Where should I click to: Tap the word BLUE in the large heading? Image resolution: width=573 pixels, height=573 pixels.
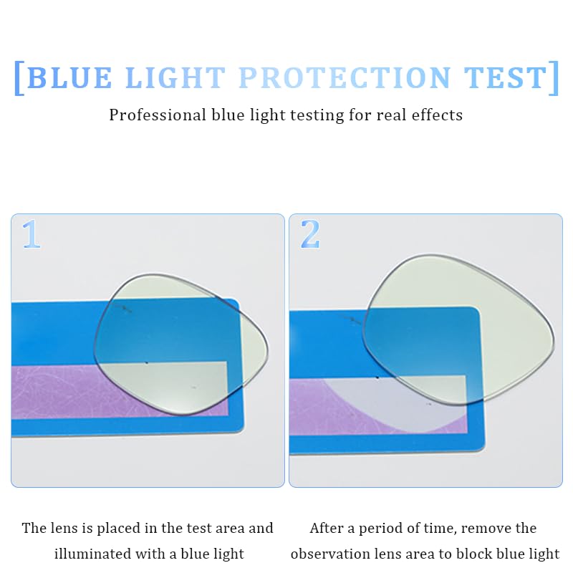click(69, 77)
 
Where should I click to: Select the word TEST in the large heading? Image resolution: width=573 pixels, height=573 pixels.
click(504, 77)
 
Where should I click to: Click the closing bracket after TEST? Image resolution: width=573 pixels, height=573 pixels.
click(554, 77)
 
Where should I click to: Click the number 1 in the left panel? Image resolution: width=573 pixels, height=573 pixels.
click(30, 234)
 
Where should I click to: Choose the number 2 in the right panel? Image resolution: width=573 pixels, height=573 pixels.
click(309, 234)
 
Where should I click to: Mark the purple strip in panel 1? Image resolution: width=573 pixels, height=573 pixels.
click(57, 390)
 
